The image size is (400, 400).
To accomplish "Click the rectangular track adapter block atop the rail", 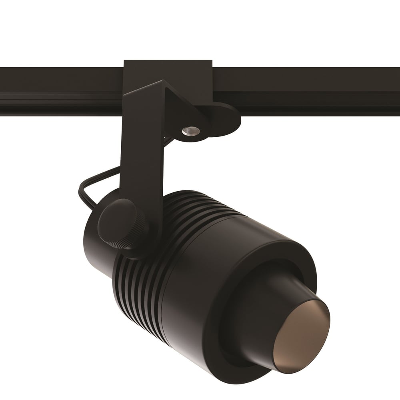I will point(168,72).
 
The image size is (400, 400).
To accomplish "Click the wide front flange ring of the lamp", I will point(224,348).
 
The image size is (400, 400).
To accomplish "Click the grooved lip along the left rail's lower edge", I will point(60,96).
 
